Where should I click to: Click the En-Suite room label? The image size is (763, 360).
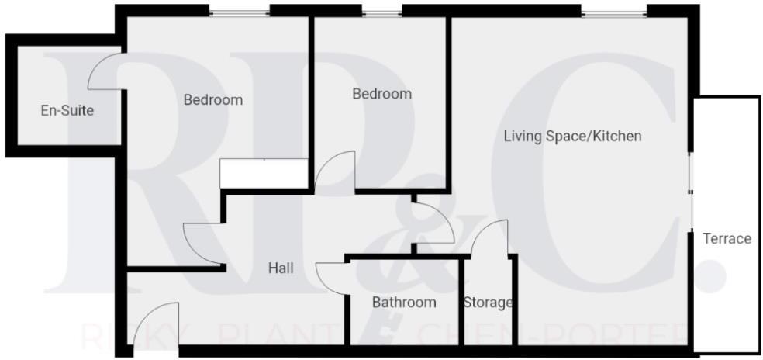(67, 110)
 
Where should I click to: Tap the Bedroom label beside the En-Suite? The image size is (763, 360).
(212, 99)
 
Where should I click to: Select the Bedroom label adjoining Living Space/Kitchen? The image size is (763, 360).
(381, 94)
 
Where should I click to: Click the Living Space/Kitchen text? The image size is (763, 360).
(572, 137)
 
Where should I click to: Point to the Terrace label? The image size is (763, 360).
(727, 238)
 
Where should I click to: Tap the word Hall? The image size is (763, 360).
(280, 268)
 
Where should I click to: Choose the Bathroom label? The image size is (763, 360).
(403, 303)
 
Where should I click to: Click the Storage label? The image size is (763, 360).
(488, 303)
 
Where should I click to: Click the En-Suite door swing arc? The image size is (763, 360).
(104, 70)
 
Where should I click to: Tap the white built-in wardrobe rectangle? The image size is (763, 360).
(265, 173)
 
